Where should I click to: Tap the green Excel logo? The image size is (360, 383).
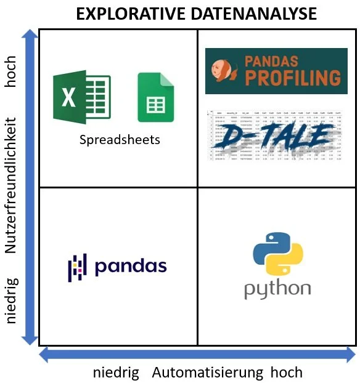(x=81, y=99)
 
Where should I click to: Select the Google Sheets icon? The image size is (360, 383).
(x=152, y=98)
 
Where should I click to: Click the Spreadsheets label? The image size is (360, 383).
(x=120, y=140)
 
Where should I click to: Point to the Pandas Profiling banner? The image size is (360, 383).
(x=276, y=71)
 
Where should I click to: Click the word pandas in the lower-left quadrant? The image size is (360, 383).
(x=131, y=266)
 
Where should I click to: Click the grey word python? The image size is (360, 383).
(x=277, y=289)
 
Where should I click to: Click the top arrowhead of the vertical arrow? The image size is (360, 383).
(x=28, y=37)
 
